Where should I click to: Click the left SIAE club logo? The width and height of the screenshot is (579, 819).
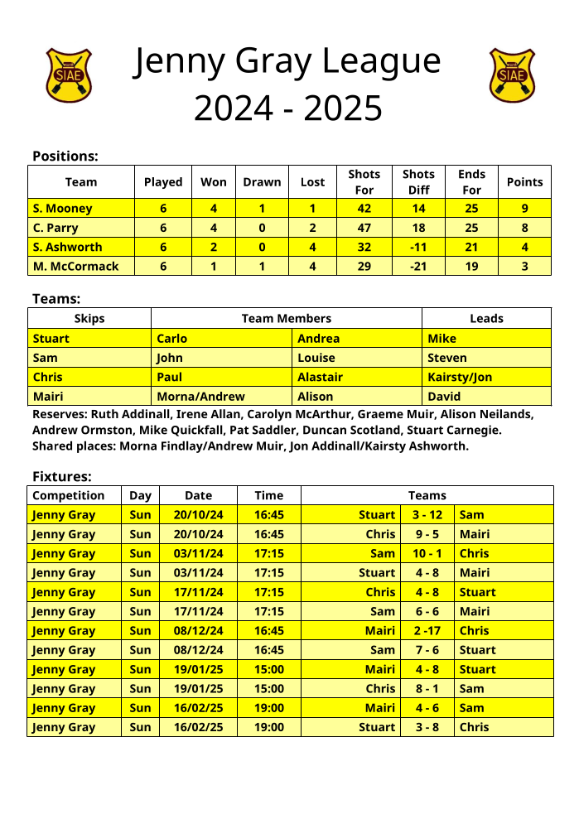point(68,75)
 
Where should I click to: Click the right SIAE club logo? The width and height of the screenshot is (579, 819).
point(512,75)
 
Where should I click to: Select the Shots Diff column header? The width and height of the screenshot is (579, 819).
point(418,182)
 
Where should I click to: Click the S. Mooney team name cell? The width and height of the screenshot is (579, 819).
point(62,209)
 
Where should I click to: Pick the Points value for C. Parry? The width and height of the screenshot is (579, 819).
point(524,228)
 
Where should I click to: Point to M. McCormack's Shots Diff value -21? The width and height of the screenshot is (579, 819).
point(418,266)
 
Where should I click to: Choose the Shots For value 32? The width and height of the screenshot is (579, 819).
point(364,247)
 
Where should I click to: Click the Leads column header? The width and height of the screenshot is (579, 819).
point(486,318)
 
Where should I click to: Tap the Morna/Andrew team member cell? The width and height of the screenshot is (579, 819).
point(200,397)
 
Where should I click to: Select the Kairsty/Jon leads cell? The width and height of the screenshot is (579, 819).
point(460,377)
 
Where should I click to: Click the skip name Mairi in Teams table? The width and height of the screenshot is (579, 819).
point(48,397)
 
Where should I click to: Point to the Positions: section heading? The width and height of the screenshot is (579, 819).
point(65,156)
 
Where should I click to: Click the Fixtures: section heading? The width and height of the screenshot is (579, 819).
point(62,476)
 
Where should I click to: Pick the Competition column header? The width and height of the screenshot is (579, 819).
point(69,495)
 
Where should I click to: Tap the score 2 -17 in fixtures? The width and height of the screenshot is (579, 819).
point(427,631)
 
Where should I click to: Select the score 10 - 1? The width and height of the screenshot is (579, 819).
point(427,553)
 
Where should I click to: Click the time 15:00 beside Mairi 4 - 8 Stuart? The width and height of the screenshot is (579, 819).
point(268,669)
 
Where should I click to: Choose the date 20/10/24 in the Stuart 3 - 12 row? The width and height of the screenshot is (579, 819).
point(198,515)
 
